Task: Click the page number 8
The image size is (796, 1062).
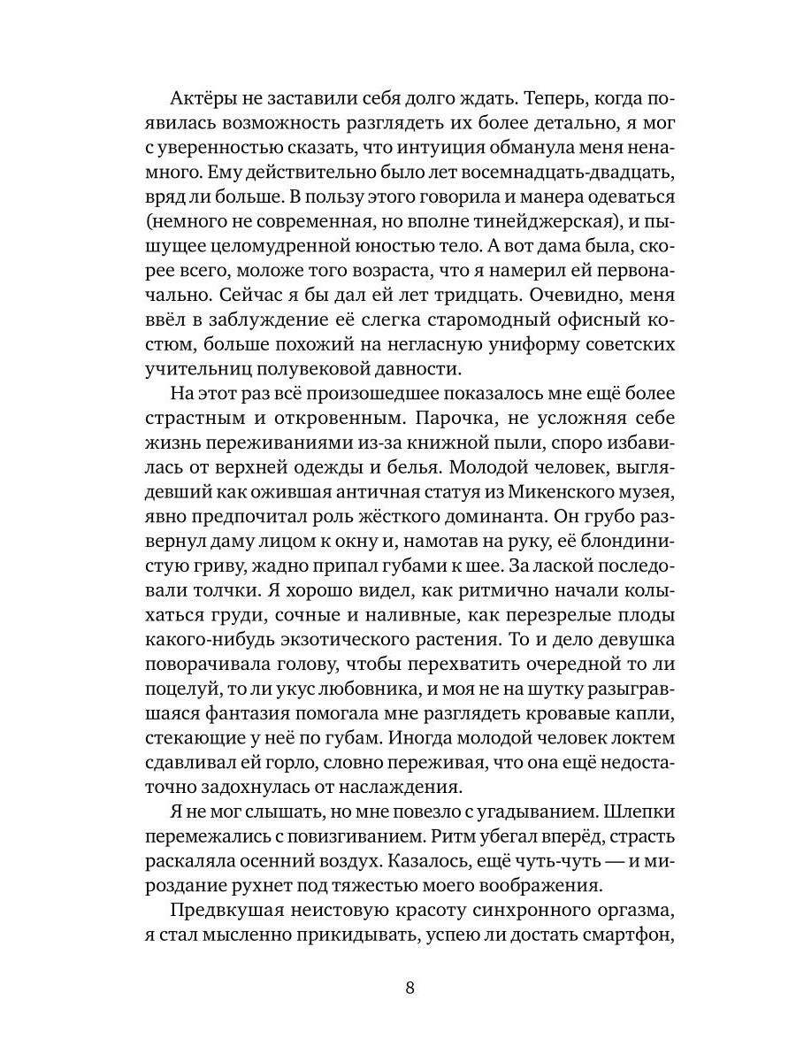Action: click(x=409, y=989)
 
